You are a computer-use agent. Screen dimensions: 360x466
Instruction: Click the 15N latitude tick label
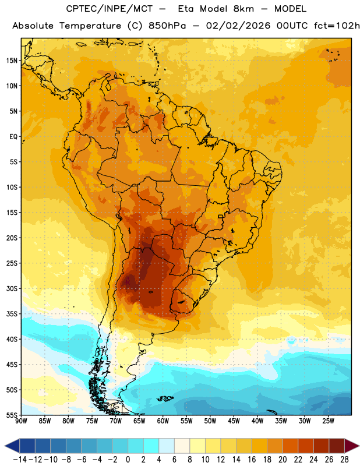tap(12, 61)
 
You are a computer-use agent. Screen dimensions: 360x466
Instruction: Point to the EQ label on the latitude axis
tap(13, 137)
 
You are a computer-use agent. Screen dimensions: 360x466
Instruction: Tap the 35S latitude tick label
tap(12, 314)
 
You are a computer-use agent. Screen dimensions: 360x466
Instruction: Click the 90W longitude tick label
tap(21, 421)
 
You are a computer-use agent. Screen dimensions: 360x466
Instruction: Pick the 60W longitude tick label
tap(163, 421)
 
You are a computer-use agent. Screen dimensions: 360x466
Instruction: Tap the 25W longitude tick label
tap(328, 421)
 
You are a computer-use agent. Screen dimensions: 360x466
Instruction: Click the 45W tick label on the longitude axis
tap(234, 421)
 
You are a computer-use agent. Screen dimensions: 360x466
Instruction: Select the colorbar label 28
tap(344, 460)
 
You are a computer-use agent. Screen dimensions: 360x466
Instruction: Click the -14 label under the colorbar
tap(20, 460)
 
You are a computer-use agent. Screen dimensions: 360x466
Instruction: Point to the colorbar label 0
tap(128, 460)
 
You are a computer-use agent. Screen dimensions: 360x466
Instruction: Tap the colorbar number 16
tap(252, 460)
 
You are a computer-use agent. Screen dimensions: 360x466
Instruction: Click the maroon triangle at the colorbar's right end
tap(352, 446)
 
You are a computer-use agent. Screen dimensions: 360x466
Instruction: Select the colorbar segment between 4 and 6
tap(167, 446)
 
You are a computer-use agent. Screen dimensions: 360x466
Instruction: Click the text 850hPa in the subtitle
tap(167, 26)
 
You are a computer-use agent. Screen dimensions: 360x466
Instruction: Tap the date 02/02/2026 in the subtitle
tap(238, 26)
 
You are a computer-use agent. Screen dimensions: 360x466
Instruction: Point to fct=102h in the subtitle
tap(337, 26)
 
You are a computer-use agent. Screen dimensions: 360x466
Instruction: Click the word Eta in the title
tap(186, 9)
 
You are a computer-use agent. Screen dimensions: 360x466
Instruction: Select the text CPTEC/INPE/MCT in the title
tap(110, 9)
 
